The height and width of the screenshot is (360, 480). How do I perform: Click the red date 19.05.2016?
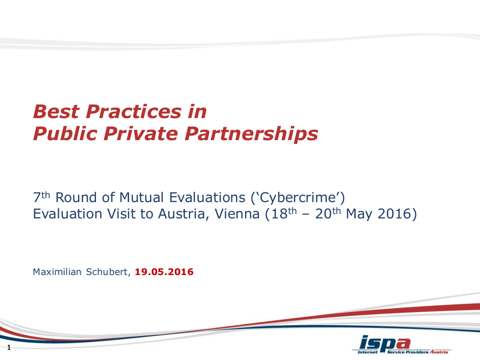164,272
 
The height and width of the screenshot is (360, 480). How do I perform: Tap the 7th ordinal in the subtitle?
42,197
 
